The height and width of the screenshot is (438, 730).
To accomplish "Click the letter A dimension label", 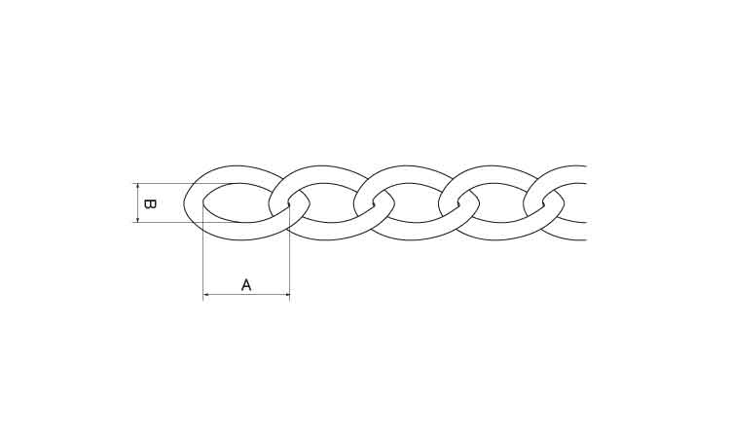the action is (246, 285).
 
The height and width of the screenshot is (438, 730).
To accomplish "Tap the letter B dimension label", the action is (150, 203).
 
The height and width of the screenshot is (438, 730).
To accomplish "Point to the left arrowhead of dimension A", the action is (205, 295).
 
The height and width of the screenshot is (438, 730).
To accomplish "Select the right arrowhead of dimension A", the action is (287, 295).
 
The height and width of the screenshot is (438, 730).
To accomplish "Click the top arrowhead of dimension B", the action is (138, 186).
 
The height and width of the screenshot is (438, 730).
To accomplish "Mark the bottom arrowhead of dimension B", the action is (138, 220).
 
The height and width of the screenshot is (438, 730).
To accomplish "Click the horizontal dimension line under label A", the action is (246, 295).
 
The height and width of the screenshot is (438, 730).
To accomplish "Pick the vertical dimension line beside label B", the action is (138, 203).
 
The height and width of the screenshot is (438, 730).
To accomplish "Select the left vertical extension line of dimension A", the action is (203, 250).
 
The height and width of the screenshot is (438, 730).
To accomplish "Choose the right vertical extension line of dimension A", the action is (290, 251).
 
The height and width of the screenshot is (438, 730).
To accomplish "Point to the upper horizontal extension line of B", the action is (186, 183).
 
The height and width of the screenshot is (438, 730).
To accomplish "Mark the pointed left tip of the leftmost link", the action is (184, 203).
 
